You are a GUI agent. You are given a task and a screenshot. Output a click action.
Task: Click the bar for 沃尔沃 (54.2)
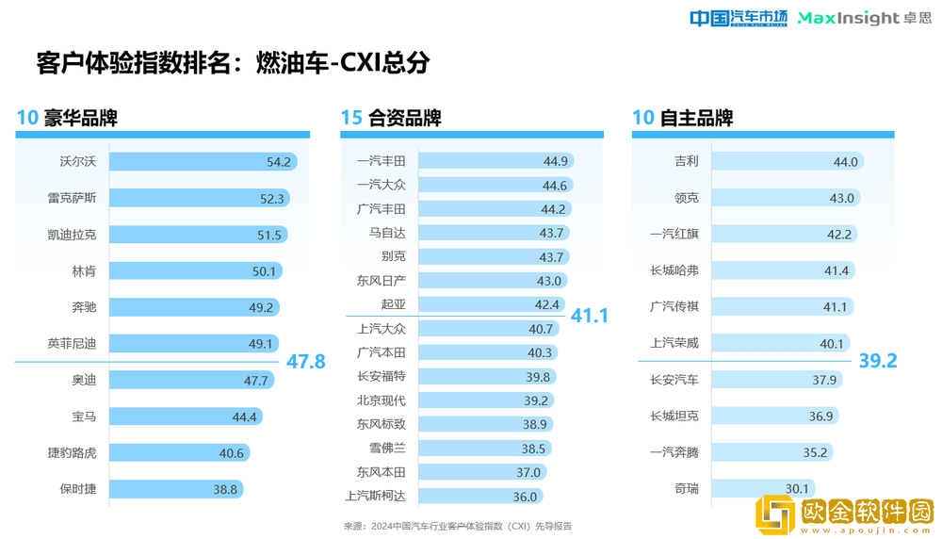(x=203, y=162)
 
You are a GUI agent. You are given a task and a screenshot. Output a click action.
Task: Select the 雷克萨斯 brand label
(x=72, y=198)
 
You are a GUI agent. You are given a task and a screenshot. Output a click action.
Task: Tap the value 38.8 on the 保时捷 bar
(x=225, y=489)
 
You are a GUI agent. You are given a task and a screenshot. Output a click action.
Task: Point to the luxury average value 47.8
(x=305, y=362)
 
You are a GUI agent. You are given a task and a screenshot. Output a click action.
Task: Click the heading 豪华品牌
(x=80, y=119)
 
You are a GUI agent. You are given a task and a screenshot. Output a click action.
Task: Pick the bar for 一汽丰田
(x=495, y=161)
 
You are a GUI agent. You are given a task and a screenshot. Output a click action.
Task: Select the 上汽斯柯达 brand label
(x=375, y=497)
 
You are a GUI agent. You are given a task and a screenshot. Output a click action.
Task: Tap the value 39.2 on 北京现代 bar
(x=535, y=400)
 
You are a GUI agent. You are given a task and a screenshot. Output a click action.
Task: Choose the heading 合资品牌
(x=405, y=119)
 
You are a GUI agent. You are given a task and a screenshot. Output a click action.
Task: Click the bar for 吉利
(x=787, y=162)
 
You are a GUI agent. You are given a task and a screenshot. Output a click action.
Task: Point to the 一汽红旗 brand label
(x=674, y=235)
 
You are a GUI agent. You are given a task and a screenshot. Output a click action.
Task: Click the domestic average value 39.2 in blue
(x=877, y=362)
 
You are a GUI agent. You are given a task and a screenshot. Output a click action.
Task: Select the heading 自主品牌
(x=696, y=119)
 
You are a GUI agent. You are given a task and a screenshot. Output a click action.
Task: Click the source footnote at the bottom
(x=457, y=526)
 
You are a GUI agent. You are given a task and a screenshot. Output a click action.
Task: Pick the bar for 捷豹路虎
(x=179, y=453)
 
